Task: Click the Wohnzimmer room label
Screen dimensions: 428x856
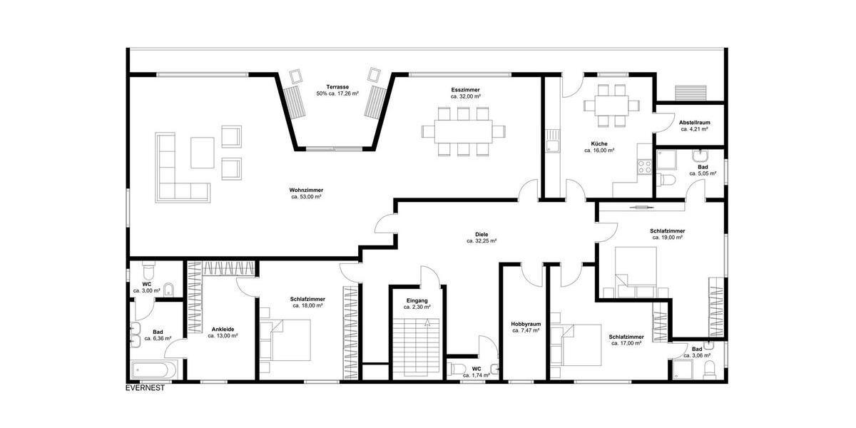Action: point(306,190)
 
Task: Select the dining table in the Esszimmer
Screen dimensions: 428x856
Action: point(462,131)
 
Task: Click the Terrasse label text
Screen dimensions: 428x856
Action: point(337,87)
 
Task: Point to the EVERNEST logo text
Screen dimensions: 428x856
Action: point(146,389)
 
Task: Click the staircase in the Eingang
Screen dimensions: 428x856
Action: point(412,347)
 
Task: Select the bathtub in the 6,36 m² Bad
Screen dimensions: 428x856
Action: point(152,372)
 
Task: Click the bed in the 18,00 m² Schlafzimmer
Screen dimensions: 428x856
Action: point(286,342)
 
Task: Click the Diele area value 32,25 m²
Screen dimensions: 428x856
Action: point(481,241)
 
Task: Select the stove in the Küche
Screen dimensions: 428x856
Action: point(644,167)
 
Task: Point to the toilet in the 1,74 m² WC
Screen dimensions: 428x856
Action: point(457,369)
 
